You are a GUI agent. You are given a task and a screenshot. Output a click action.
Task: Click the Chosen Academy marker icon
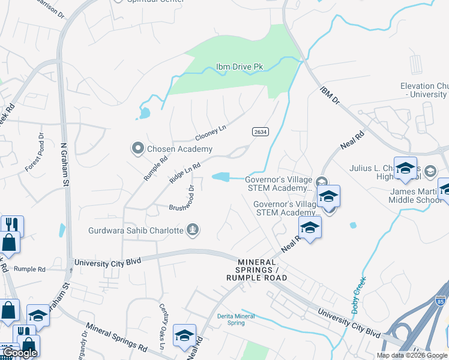137,148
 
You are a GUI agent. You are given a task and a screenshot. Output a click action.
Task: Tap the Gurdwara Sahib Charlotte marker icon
193,229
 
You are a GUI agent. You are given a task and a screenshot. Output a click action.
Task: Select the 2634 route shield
259,132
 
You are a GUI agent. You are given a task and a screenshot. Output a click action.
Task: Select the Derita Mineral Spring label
231,319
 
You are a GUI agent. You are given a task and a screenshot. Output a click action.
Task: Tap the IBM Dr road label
330,97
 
